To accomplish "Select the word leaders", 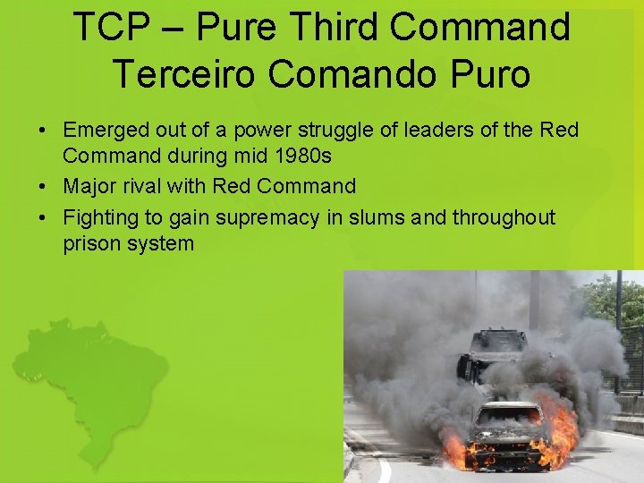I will (428, 131).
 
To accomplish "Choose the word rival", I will (144, 186).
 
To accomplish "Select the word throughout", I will (504, 217).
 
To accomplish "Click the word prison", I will (90, 243).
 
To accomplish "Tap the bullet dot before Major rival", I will (43, 187).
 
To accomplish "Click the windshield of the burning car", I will (508, 417).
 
